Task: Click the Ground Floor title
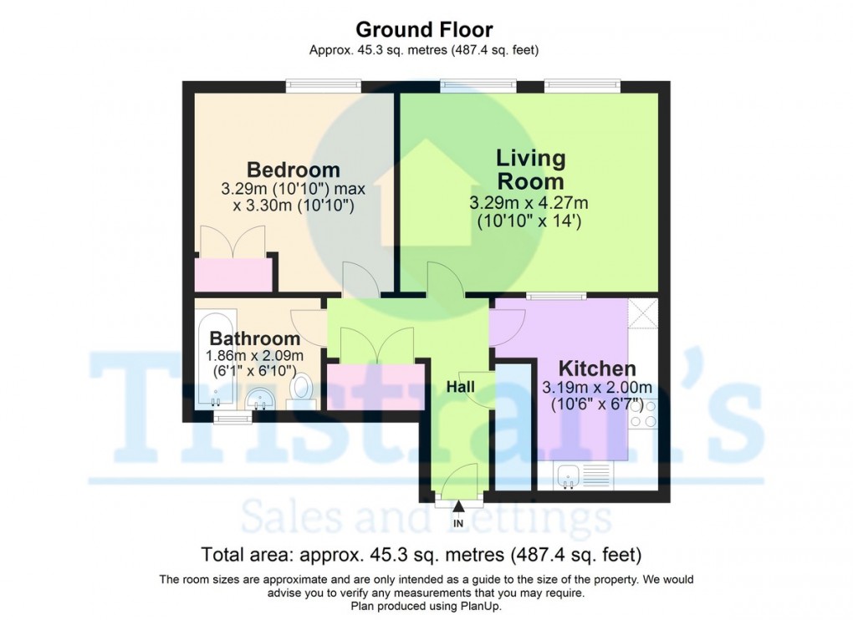(424, 29)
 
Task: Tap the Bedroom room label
(294, 170)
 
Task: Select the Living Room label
(531, 170)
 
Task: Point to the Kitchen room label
(597, 368)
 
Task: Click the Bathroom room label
(254, 338)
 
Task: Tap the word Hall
(460, 387)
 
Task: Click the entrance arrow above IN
(458, 506)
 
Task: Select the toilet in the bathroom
(301, 391)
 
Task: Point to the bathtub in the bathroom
(216, 359)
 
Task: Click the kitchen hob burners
(643, 413)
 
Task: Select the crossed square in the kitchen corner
(643, 313)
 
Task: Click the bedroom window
(324, 85)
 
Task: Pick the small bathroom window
(232, 417)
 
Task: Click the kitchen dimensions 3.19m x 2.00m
(597, 388)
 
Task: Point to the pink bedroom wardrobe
(233, 275)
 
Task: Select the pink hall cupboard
(375, 387)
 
